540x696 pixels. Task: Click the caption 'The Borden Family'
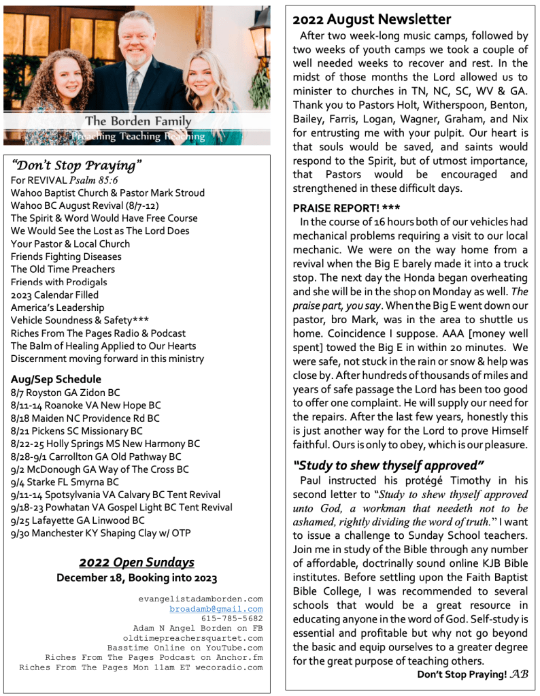coord(138,121)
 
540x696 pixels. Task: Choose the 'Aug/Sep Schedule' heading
coord(56,379)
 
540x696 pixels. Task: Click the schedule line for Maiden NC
coord(86,418)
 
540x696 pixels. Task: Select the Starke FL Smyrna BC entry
coord(65,482)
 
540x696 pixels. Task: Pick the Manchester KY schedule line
coord(101,533)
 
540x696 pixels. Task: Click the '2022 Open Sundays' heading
coord(137,562)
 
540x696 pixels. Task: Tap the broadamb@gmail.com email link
coord(216,609)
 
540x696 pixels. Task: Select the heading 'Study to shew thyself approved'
coord(388,465)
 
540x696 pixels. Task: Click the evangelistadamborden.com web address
coord(200,599)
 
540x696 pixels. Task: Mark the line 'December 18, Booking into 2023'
coord(137,578)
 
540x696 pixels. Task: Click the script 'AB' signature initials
coord(519,674)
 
